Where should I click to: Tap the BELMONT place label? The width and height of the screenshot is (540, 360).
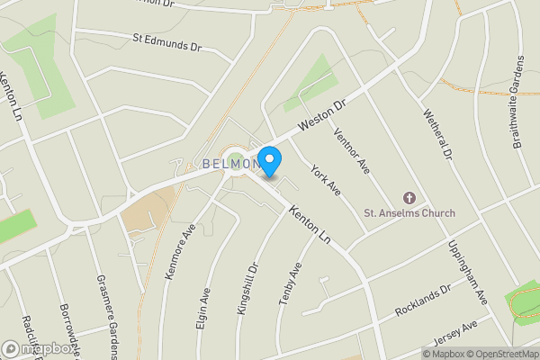click(x=232, y=164)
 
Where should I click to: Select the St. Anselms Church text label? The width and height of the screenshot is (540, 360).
click(x=409, y=213)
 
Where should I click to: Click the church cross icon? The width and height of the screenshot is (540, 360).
click(x=409, y=197)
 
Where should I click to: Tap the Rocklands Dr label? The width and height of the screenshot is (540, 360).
click(x=422, y=301)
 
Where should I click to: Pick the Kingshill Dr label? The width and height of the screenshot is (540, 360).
click(x=247, y=288)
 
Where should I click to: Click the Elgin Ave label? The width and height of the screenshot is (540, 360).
click(x=203, y=309)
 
